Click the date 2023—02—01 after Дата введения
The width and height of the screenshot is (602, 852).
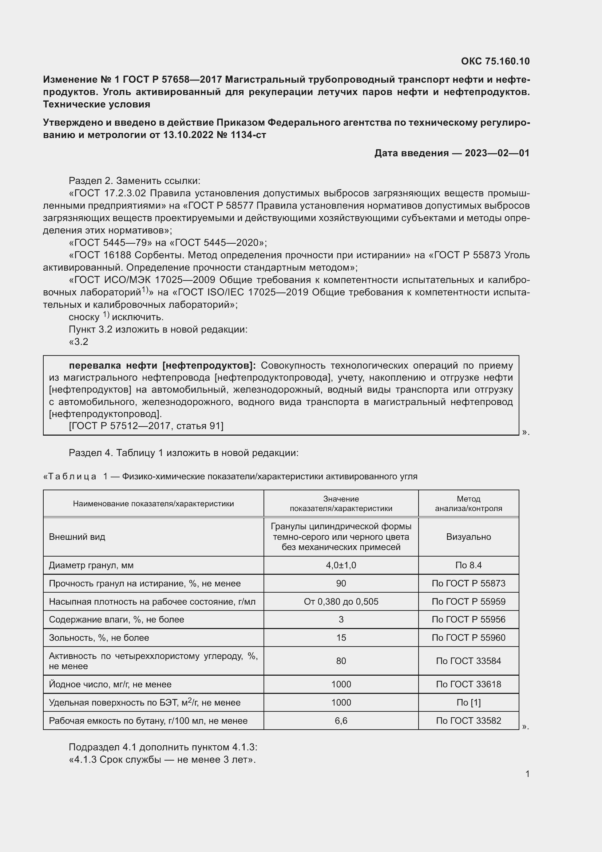[497, 153]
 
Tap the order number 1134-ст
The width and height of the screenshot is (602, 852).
[248, 135]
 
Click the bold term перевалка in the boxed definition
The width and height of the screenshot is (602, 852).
[95, 365]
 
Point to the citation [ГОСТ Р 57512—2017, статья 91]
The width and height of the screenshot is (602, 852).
[146, 425]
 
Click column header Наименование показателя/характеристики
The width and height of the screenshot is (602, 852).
[153, 503]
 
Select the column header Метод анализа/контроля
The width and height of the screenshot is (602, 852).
[468, 503]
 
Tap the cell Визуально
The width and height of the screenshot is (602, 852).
[468, 537]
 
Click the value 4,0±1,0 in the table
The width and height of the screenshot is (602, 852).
[341, 565]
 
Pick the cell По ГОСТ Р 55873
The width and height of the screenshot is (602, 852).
[468, 583]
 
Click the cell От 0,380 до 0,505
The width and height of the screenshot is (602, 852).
[341, 601]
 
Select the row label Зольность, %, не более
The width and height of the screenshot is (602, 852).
[99, 637]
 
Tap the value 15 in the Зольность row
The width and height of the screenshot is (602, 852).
[341, 637]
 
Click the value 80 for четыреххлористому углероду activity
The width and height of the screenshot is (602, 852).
[341, 661]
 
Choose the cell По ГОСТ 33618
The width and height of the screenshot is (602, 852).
[468, 684]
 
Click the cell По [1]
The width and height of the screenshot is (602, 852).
[468, 702]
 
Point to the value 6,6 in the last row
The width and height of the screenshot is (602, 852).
[341, 720]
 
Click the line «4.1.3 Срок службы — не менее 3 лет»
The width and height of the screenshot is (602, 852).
[162, 759]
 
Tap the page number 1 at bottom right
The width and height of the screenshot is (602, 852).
[527, 774]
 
